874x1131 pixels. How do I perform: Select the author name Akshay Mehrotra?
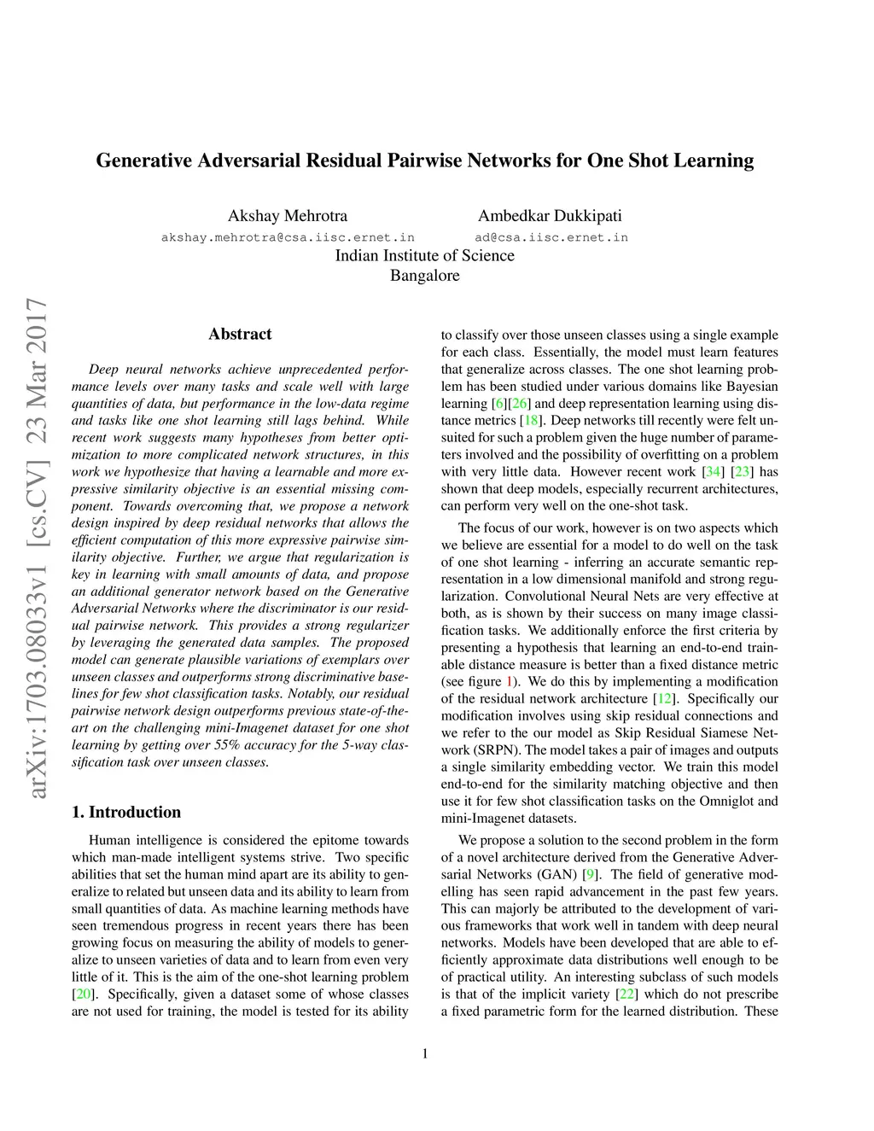point(288,216)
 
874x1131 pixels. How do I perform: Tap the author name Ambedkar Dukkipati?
point(550,216)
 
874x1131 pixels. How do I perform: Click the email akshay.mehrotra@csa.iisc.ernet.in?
point(288,237)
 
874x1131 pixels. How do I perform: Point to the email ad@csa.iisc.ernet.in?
point(551,237)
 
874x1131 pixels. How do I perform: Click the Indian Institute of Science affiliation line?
point(424,255)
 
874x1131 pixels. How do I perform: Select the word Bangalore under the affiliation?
point(424,276)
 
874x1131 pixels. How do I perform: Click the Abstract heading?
point(240,334)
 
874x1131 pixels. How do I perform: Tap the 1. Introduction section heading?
point(126,812)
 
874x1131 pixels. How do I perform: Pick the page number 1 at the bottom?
point(425,1053)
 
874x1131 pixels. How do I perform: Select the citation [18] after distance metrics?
point(531,420)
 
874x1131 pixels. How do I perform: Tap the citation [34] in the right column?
point(712,471)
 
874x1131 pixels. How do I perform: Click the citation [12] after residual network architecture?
point(663,699)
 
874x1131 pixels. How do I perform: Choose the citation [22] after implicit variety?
point(627,994)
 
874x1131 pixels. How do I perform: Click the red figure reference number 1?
point(510,682)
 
